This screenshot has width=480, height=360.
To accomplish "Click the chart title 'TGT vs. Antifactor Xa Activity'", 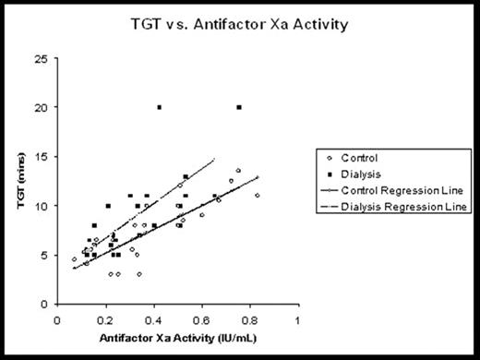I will tap(240, 25).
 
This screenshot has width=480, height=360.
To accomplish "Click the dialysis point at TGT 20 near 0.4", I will tap(159, 107).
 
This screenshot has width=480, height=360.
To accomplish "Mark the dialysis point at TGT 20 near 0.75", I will tap(239, 107).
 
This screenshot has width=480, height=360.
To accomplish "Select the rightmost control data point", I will tap(258, 195).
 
